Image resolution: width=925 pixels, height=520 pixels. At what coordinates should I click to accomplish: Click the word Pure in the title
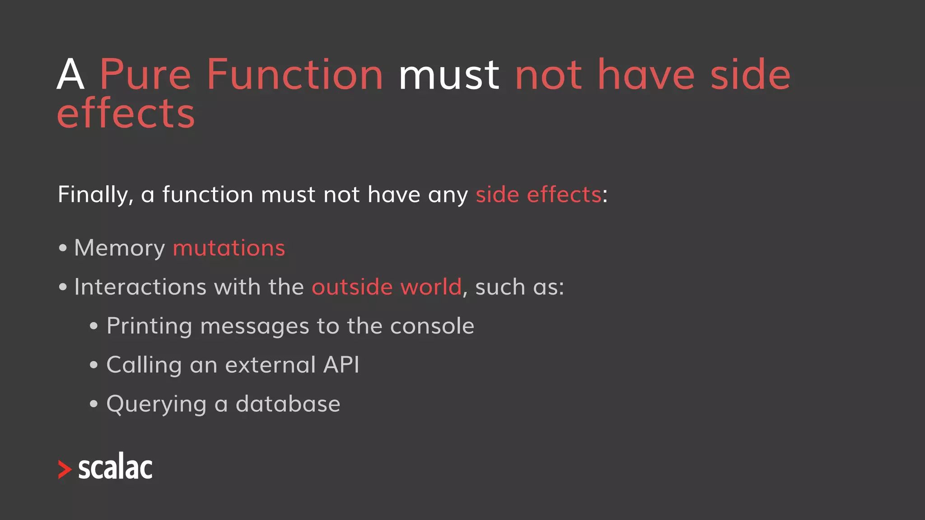click(145, 75)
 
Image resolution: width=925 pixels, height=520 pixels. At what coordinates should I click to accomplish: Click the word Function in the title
click(295, 75)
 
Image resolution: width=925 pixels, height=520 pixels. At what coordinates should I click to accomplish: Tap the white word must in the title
click(448, 76)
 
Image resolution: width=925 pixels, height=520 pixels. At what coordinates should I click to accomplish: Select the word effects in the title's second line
click(126, 113)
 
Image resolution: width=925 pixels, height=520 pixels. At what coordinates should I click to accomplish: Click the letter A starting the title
click(71, 75)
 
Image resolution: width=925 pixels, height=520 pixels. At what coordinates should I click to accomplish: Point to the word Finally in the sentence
click(95, 195)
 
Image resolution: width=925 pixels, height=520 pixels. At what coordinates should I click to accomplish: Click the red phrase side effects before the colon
click(538, 195)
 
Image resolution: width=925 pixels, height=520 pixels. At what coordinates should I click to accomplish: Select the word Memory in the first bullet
click(120, 248)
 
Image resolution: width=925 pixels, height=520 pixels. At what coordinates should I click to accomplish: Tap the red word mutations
click(229, 248)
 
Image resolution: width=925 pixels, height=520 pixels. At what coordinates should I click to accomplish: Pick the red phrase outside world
click(387, 287)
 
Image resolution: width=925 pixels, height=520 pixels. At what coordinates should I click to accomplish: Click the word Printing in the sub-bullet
click(149, 326)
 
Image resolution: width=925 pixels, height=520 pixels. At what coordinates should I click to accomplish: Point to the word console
click(432, 326)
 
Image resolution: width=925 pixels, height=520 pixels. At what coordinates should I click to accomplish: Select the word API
click(341, 365)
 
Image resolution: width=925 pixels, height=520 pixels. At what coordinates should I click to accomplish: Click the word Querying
click(156, 404)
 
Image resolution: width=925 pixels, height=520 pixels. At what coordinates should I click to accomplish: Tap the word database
click(288, 404)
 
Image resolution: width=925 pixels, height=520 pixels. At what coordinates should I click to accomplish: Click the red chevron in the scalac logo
click(65, 469)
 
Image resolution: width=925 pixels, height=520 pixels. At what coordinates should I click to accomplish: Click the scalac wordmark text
click(116, 467)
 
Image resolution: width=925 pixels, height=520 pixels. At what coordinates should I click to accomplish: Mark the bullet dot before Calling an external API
click(93, 365)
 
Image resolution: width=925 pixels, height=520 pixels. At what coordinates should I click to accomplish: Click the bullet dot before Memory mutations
click(63, 248)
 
